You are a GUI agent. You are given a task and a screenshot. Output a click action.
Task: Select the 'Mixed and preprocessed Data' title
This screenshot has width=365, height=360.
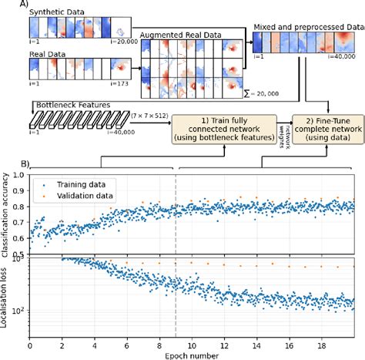tap(306, 25)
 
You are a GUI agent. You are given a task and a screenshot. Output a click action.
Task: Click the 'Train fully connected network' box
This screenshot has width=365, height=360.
tap(217, 126)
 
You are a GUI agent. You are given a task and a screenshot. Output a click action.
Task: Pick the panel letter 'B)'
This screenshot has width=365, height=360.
tap(25, 163)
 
